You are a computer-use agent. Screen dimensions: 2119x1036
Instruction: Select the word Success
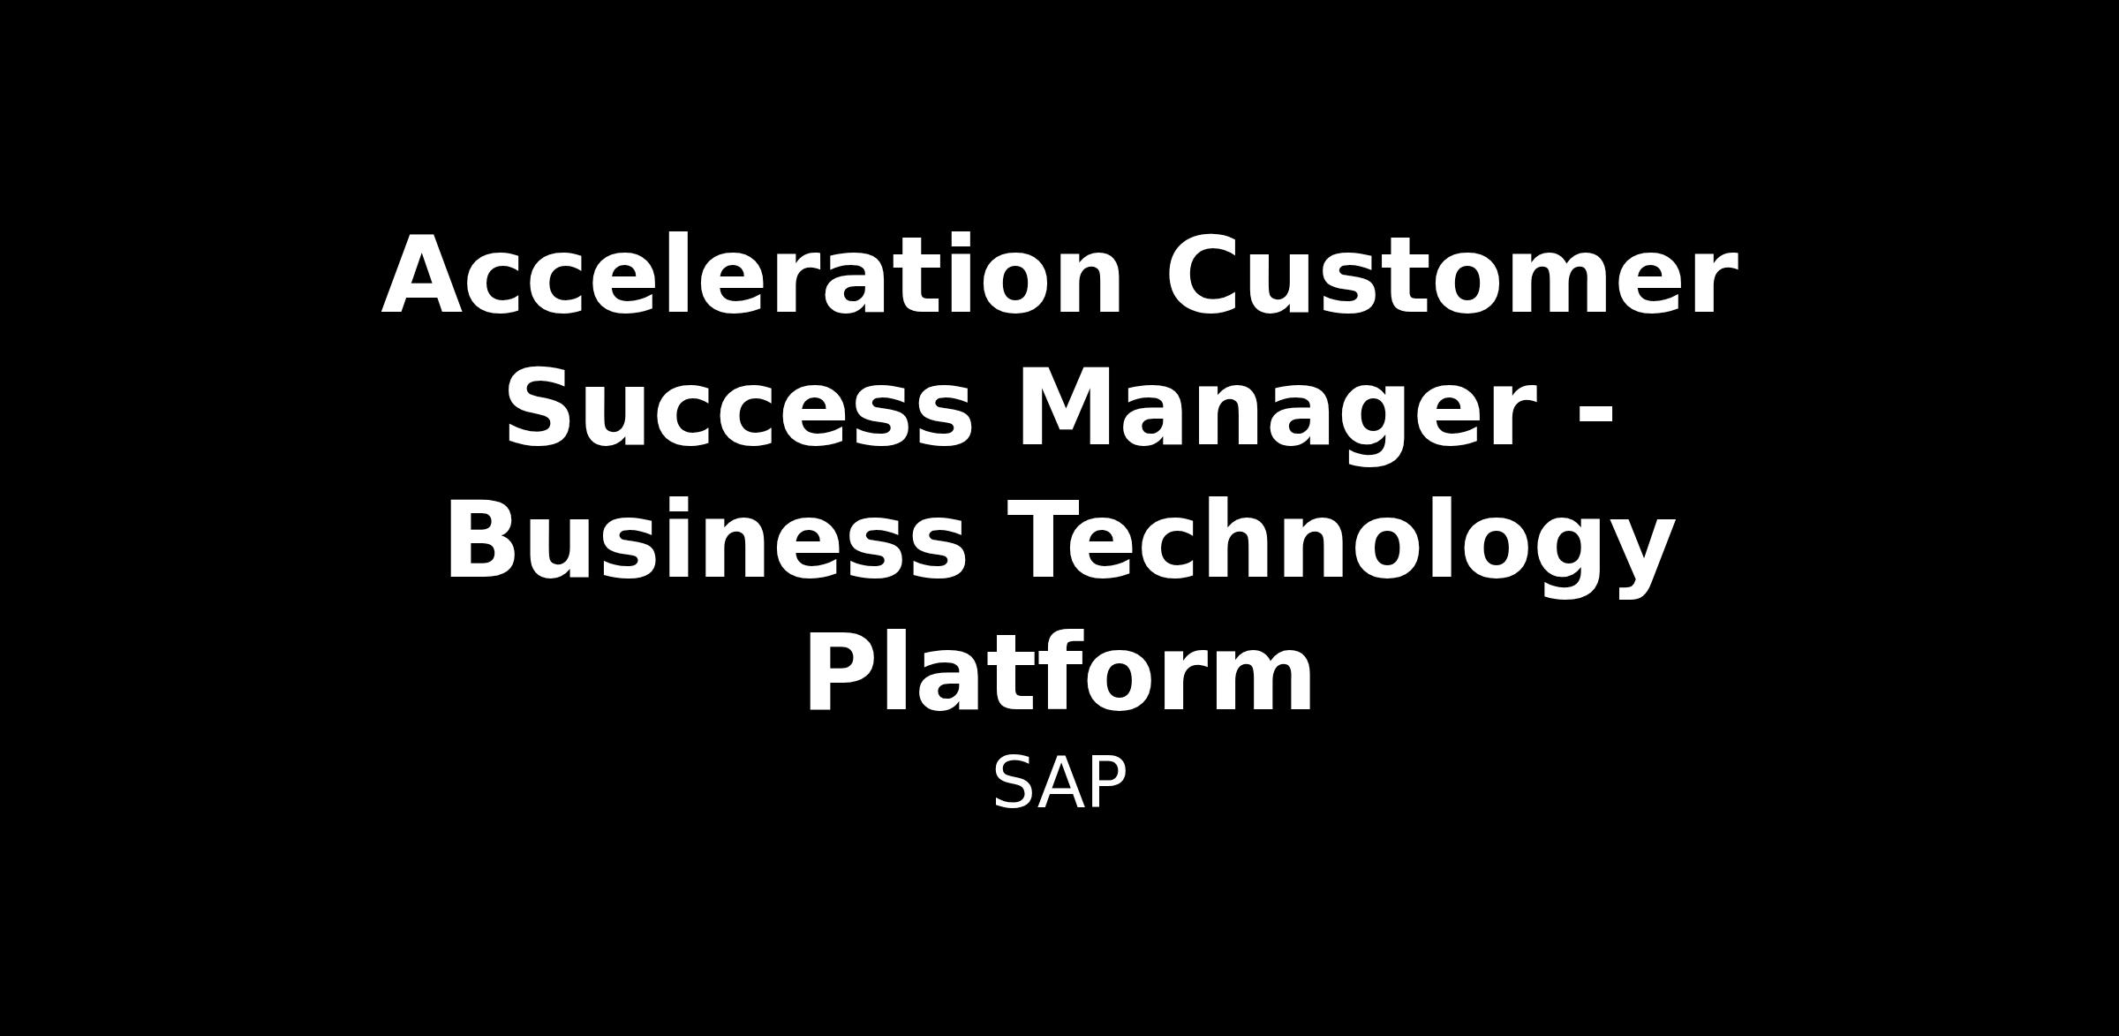(x=738, y=407)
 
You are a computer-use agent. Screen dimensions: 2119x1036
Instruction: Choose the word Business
(x=706, y=540)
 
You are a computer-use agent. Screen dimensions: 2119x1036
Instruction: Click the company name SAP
(x=1059, y=783)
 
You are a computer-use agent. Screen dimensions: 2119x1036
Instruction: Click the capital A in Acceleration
(x=426, y=274)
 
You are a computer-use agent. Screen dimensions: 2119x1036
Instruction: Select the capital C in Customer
(x=1203, y=274)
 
